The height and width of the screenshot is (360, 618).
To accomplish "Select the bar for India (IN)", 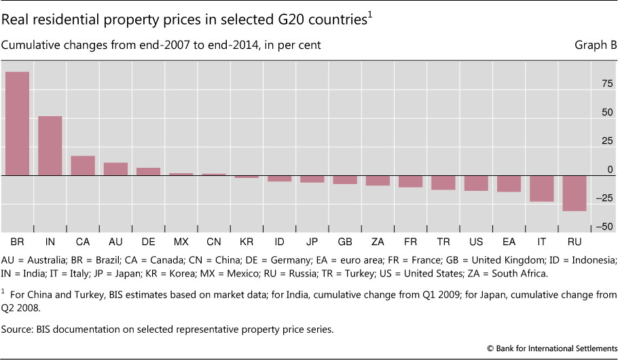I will (x=50, y=146).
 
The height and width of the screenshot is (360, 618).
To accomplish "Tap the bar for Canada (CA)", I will (x=83, y=166).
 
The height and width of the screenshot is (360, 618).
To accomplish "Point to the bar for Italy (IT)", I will (x=542, y=188).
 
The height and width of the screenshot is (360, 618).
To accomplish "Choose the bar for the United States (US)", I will (x=476, y=183).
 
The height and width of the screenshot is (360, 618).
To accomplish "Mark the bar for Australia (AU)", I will (x=115, y=169).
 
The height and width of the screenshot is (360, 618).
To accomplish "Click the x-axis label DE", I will (x=148, y=242).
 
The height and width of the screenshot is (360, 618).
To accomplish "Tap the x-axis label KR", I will (x=247, y=242).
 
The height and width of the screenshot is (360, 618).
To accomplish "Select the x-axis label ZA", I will (x=378, y=242).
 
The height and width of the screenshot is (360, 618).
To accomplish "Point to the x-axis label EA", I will (x=509, y=242).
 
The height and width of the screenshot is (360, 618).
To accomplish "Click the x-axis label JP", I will (x=312, y=242).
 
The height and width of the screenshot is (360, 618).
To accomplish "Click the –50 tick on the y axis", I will (x=604, y=226).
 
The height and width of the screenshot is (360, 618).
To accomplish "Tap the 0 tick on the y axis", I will (x=608, y=169).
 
